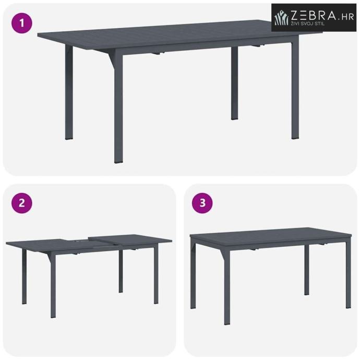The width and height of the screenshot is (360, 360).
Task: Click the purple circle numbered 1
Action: (22, 23)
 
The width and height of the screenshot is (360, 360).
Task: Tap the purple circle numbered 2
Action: (22, 203)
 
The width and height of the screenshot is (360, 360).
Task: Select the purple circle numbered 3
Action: (202, 203)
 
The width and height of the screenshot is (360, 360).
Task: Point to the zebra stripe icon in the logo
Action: (282, 18)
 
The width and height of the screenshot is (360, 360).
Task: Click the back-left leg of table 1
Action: (69, 92)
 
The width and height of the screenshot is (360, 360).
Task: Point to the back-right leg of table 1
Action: (234, 83)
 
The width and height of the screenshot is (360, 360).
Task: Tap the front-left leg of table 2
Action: (53, 284)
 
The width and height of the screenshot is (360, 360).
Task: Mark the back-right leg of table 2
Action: (121, 271)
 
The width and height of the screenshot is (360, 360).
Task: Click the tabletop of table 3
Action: (271, 236)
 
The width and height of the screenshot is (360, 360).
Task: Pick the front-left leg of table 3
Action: (227, 287)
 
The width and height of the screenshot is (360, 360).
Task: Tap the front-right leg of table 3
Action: (349, 273)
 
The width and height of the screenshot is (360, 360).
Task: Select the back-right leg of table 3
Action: (306, 270)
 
